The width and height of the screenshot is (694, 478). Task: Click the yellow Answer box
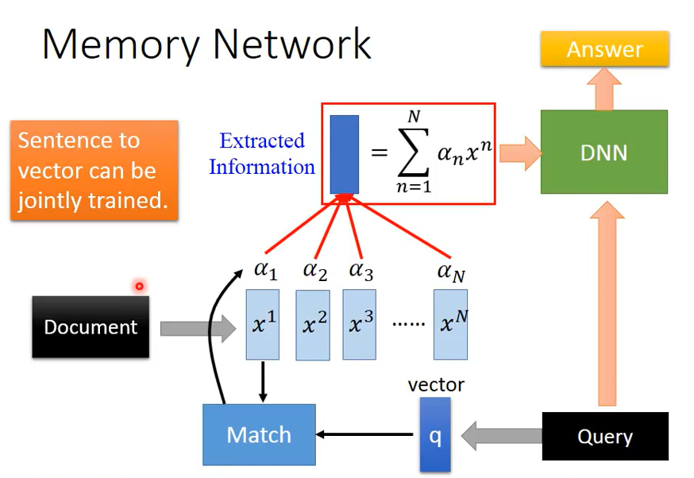(604, 50)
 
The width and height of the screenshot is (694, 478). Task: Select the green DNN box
(603, 152)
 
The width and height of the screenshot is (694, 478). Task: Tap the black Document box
(91, 326)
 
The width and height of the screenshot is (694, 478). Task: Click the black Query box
(604, 436)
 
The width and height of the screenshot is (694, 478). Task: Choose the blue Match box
(259, 434)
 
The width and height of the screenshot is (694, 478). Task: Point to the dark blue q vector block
(434, 434)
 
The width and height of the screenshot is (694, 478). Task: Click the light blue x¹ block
(263, 324)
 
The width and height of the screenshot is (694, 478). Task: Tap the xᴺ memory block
(450, 324)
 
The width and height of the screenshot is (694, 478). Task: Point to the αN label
(450, 272)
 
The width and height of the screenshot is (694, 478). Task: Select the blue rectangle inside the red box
(344, 155)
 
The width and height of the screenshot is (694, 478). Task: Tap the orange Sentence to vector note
(94, 170)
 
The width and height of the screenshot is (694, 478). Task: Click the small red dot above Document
(139, 286)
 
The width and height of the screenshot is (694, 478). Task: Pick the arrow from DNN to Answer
(604, 88)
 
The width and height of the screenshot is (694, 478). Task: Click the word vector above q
(436, 385)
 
